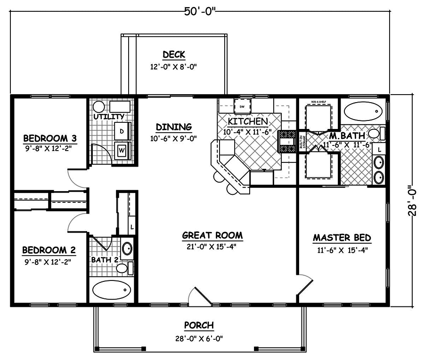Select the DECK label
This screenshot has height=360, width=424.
coord(173,55)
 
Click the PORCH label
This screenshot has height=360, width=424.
coord(198,325)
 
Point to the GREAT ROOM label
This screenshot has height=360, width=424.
coord(212,235)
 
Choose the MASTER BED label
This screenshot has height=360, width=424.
coord(342,238)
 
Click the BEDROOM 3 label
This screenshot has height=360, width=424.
coord(50,138)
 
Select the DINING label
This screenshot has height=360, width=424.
coord(173,127)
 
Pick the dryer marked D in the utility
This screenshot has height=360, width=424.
coord(122,131)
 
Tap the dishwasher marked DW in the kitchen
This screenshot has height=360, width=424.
coord(242,106)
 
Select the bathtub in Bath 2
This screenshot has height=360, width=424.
coord(111,290)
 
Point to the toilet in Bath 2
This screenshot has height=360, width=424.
coord(123,268)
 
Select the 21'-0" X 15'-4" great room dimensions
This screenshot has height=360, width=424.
coord(212,246)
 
